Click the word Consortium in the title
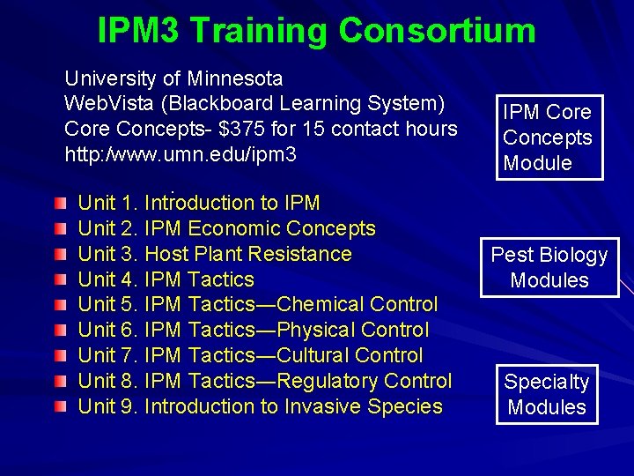pyautogui.click(x=437, y=31)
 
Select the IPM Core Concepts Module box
pyautogui.click(x=547, y=138)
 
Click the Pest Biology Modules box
pyautogui.click(x=549, y=267)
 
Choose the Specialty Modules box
pyautogui.click(x=547, y=394)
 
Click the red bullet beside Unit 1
pyautogui.click(x=58, y=204)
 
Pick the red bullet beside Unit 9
pyautogui.click(x=58, y=407)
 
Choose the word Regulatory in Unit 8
pyautogui.click(x=328, y=381)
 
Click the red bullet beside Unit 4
pyautogui.click(x=58, y=280)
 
